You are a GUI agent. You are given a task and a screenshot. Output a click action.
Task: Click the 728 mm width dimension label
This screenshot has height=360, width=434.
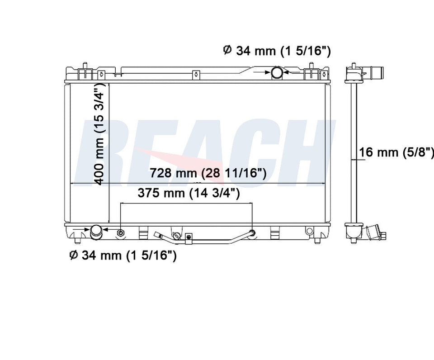pos(208,173)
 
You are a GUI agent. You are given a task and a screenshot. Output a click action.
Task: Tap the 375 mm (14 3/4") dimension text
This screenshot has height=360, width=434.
pos(189,193)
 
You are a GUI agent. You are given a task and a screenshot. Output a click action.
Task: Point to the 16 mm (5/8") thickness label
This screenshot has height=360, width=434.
pos(396,152)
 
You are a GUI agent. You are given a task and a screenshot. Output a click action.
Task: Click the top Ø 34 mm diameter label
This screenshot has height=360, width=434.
pos(277,51)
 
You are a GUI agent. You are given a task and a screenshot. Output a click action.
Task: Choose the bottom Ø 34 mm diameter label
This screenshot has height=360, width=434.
pos(123,255)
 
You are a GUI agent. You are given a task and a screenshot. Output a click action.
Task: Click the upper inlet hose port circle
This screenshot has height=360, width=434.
pos(277,72)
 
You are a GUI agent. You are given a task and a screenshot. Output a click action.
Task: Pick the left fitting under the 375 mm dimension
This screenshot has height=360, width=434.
pos(121,233)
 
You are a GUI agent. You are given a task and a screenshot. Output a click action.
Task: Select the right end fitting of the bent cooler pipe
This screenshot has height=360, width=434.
pos(252,232)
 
